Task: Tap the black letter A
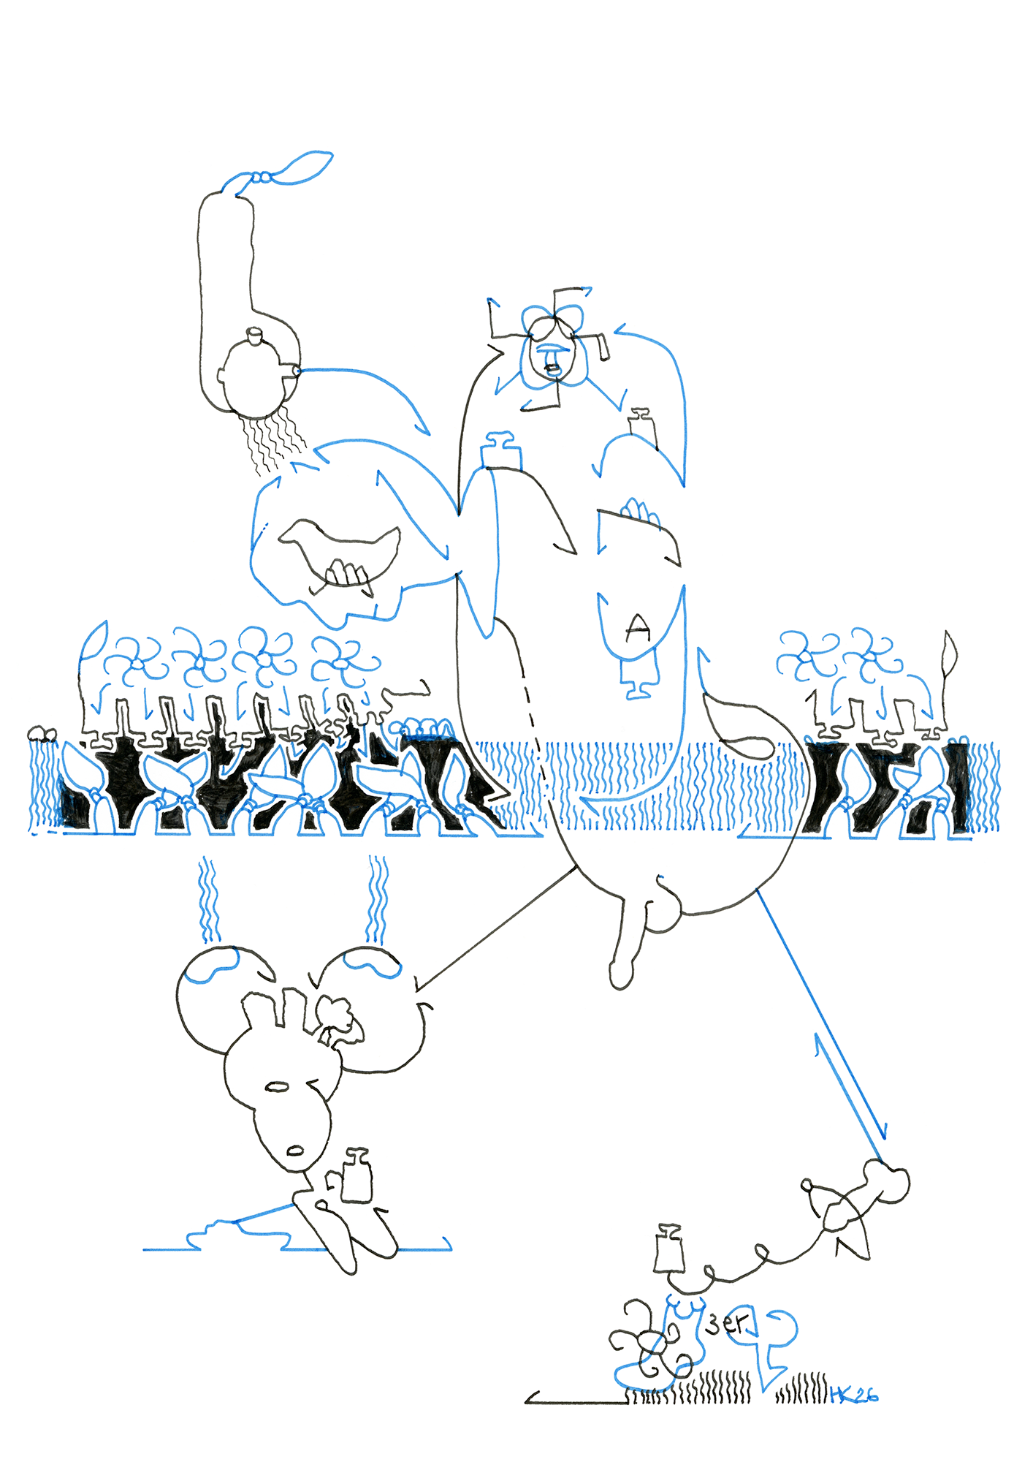click(639, 626)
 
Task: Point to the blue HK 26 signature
click(854, 1395)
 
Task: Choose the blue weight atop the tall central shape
click(501, 450)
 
